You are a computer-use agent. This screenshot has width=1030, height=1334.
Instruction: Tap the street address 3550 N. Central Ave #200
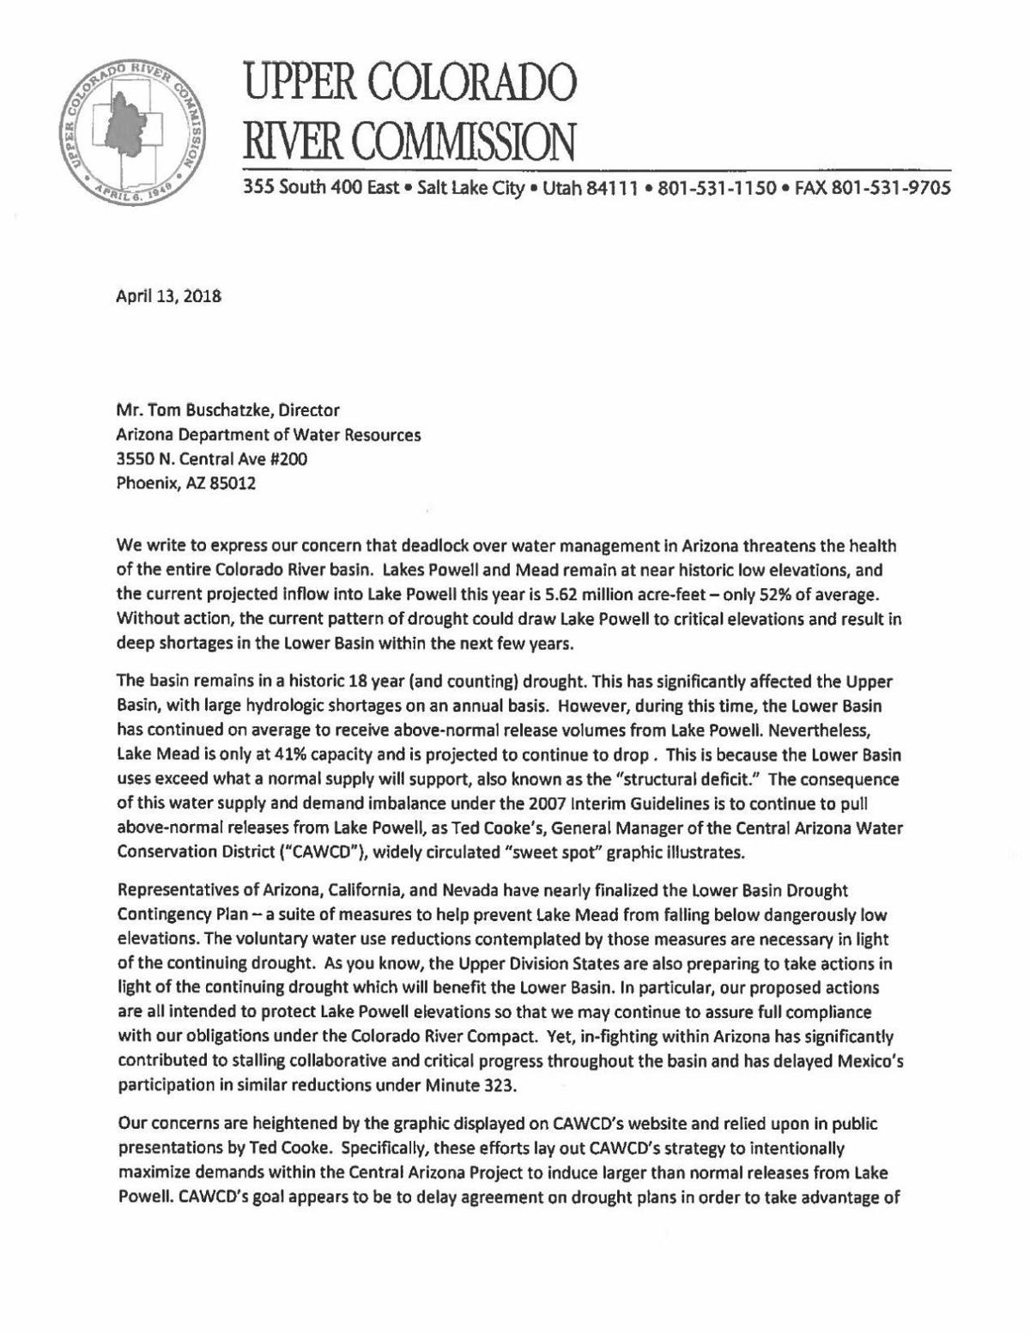212,458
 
